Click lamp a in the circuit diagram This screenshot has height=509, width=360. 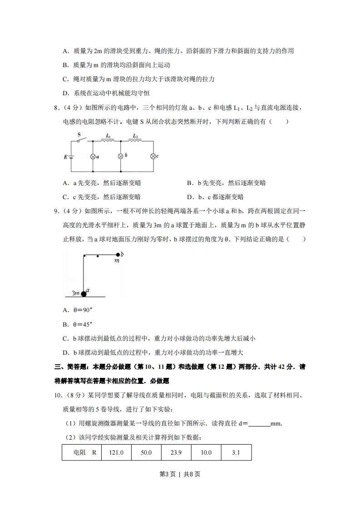click(93, 156)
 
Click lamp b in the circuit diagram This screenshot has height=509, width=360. click(121, 156)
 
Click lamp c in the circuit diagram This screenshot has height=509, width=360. click(153, 156)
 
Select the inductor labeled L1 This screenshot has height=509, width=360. click(108, 140)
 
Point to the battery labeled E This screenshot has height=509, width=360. click(72, 157)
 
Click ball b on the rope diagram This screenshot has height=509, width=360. click(118, 254)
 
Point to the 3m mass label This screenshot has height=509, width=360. click(76, 294)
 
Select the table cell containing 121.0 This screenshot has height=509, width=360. click(116, 452)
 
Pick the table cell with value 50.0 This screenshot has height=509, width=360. click(146, 452)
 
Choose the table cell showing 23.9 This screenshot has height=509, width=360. click(176, 452)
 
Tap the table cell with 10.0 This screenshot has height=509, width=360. click(206, 452)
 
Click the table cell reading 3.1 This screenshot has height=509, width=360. click(236, 452)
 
